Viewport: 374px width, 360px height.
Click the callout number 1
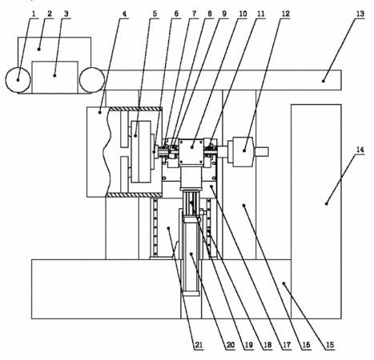34,14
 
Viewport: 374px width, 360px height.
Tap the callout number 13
360,14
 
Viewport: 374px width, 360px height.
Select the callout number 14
360,150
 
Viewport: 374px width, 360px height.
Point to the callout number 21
199,345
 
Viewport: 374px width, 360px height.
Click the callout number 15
330,345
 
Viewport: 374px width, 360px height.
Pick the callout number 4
124,14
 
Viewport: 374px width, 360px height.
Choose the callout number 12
285,14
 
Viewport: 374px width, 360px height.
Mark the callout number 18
267,345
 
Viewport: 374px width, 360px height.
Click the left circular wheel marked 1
18,80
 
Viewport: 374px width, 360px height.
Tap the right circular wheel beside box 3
92,80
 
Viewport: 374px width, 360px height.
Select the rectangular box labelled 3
55,77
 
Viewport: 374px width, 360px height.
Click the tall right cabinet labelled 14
316,211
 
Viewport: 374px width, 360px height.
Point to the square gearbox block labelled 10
192,151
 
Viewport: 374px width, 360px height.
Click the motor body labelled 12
243,152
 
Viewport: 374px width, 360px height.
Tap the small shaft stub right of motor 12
262,152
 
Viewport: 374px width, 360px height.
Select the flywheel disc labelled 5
141,151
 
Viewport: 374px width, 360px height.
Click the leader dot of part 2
39,49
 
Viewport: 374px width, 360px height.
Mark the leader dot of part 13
324,81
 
